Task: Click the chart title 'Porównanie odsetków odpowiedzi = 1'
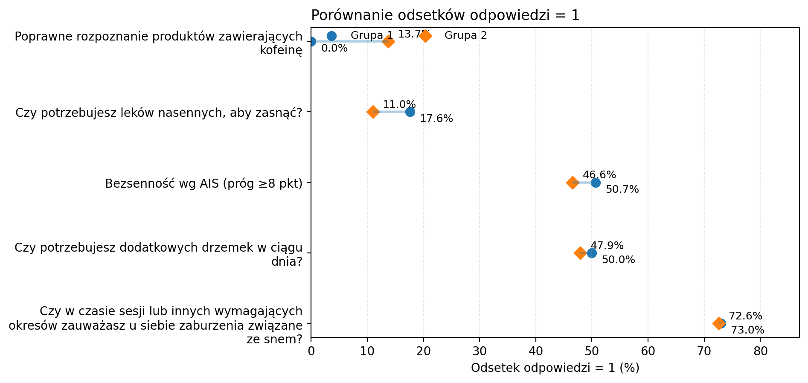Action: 445,15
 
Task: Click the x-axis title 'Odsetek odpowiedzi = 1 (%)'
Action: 555,368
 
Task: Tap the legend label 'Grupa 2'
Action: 465,35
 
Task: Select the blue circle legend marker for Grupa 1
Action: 331,36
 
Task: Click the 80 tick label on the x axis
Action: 760,351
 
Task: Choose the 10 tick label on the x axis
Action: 367,351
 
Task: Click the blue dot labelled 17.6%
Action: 410,112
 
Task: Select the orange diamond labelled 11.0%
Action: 373,112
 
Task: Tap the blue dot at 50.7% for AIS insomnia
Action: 596,183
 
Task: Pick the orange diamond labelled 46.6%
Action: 573,183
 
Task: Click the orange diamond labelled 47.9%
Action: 580,253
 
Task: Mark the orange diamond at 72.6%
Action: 718,323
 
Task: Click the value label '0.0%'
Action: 334,49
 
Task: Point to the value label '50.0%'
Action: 618,260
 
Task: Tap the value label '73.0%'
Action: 747,331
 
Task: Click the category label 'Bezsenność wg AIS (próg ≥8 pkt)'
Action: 203,184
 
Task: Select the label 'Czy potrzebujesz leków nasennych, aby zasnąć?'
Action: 159,113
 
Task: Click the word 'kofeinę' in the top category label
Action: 281,50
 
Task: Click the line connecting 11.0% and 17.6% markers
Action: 392,112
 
